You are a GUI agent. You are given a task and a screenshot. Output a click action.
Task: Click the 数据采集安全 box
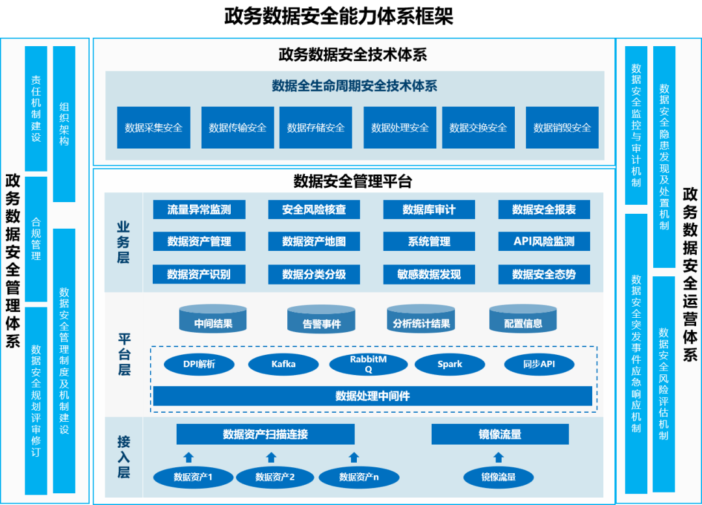point(153,127)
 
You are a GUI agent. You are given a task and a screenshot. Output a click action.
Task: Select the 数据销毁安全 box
point(562,127)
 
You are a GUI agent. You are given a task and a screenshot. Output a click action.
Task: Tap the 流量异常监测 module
point(198,209)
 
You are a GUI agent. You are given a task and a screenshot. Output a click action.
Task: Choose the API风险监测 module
point(544,241)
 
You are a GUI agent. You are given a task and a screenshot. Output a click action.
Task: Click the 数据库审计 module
point(429,209)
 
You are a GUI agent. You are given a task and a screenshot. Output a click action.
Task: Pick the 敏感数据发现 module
point(429,274)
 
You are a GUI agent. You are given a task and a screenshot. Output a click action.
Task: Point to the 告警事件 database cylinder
point(322,319)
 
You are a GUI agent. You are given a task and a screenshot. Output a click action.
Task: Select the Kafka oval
point(283,364)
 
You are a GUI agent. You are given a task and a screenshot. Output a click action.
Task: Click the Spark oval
point(450,364)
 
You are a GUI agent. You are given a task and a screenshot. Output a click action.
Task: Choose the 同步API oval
point(539,364)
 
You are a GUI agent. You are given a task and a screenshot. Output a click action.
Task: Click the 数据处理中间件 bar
point(372,396)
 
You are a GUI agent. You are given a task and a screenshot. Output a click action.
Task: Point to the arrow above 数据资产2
point(271,457)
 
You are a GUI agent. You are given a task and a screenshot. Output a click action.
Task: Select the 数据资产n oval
point(359,478)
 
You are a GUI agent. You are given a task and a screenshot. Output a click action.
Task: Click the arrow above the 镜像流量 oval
point(499,457)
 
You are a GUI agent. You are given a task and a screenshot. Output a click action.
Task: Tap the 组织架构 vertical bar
point(64,123)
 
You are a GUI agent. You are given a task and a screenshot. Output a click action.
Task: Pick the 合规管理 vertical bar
point(36,239)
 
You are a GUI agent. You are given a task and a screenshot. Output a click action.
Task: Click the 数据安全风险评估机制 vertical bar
point(664,383)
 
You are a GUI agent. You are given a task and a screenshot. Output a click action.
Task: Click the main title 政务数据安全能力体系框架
point(339,16)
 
